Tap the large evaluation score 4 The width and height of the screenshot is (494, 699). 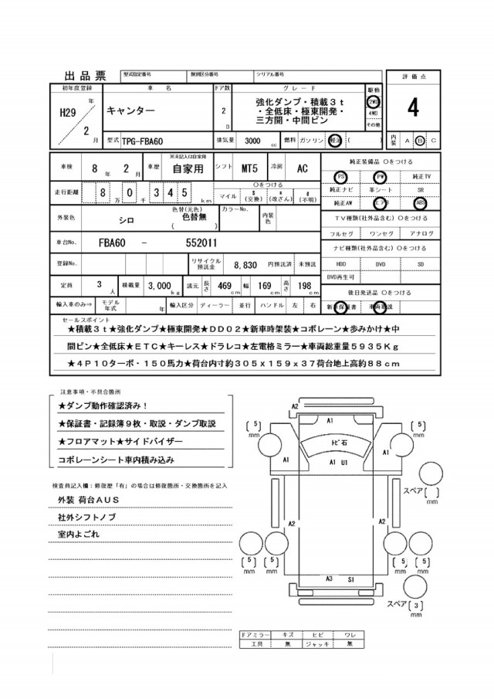click(413, 110)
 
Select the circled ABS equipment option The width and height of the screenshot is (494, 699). click(419, 204)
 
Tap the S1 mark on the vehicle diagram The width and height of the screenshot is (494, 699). click(350, 578)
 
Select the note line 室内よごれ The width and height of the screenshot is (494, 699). click(79, 534)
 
